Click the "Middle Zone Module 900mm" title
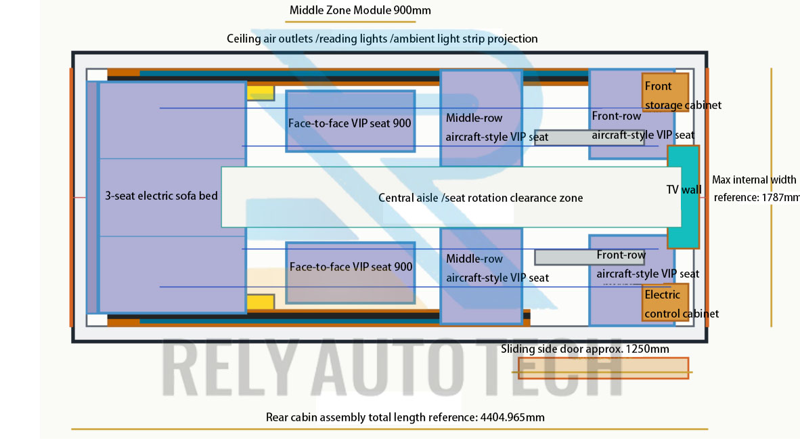(359, 10)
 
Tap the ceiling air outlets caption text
(382, 39)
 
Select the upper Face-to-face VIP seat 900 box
(350, 121)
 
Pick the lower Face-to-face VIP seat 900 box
(350, 273)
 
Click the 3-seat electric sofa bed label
(161, 196)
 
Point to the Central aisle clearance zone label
(480, 198)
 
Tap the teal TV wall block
(683, 197)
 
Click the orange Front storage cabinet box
(665, 93)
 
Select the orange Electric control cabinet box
(665, 302)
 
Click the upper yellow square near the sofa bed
(260, 93)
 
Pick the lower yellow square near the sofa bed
(260, 301)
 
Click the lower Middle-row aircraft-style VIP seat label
(497, 268)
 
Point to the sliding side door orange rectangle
(603, 368)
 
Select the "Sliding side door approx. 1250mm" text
(585, 349)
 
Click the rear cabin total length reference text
(405, 417)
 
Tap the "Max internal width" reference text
(755, 188)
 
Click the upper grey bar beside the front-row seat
(590, 137)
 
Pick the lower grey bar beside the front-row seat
(590, 257)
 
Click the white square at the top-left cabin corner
(97, 75)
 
